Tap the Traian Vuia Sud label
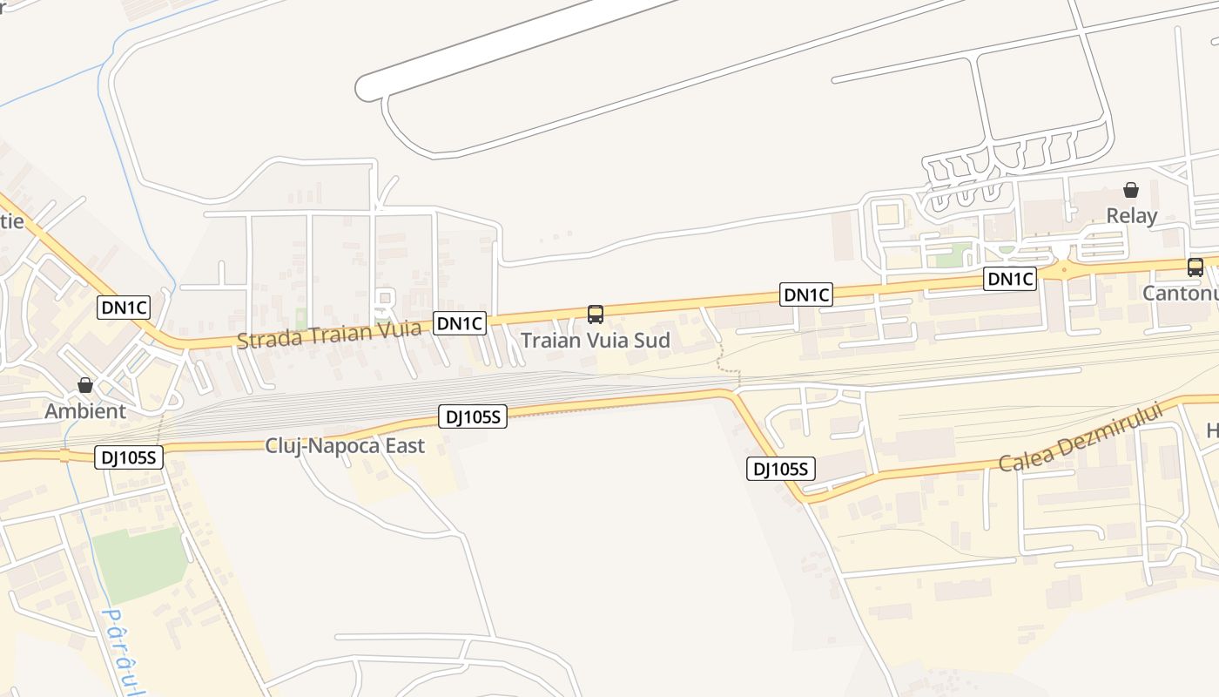click(x=596, y=341)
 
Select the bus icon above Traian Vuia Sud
click(x=596, y=314)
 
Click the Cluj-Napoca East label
click(x=345, y=446)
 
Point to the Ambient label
click(x=85, y=411)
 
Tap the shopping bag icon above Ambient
click(x=85, y=385)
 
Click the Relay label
click(x=1131, y=216)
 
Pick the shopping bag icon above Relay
click(x=1131, y=190)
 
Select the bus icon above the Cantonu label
click(x=1195, y=267)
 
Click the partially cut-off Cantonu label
click(x=1181, y=294)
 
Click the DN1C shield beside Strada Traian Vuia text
click(x=460, y=324)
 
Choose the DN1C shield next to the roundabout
click(x=1010, y=279)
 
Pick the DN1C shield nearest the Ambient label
click(x=125, y=307)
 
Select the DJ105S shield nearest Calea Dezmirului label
click(x=781, y=470)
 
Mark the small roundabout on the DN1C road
click(x=1063, y=271)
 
